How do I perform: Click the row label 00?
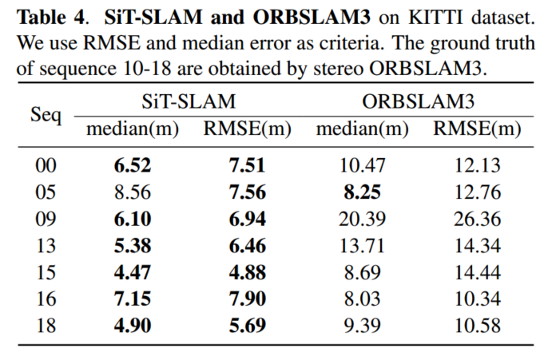coord(46,166)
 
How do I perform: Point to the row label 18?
coord(46,325)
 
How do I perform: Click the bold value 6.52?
coord(132,166)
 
